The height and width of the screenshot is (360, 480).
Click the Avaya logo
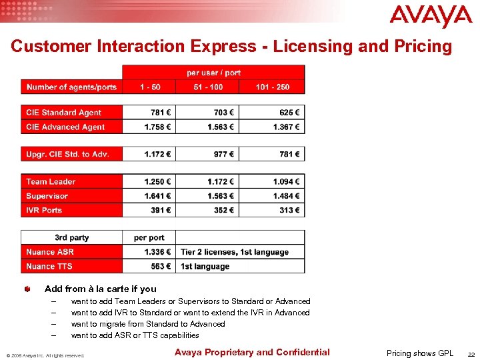coord(430,17)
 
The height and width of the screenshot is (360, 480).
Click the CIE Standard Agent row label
coord(64,113)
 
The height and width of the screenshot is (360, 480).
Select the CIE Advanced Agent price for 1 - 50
coord(157,127)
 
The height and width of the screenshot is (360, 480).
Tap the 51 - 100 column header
coord(208,87)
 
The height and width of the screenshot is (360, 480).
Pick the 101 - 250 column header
coord(271,87)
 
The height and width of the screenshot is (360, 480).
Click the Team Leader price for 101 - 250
coord(286,181)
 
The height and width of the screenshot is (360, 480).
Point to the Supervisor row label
coord(47,196)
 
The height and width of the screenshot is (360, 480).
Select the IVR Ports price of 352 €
coord(224,210)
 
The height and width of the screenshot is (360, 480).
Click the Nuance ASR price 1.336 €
coord(157,252)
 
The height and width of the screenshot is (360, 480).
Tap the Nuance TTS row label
coord(49,266)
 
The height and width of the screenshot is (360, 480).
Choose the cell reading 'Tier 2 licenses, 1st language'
coord(235,252)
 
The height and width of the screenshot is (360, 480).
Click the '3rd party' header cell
coord(72,237)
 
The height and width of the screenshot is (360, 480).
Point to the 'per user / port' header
coord(213,72)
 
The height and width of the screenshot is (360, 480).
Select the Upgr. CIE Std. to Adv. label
coord(67,154)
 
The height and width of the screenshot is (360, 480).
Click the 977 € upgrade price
coord(224,154)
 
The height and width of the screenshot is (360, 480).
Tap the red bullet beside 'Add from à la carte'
coord(26,289)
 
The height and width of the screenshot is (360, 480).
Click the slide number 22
coord(471,354)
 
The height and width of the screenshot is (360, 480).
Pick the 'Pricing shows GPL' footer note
coord(420,353)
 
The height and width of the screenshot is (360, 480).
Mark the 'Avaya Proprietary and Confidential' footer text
coord(252,352)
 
